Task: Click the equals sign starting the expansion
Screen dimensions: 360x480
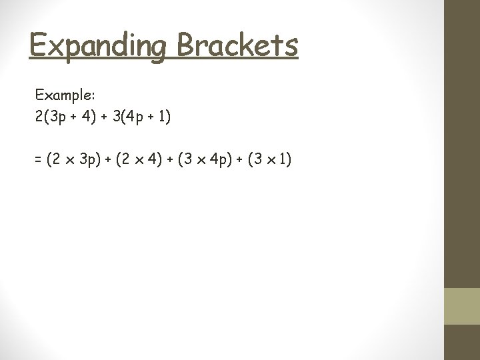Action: coord(38,160)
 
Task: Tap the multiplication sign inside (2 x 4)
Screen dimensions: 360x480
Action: coord(140,161)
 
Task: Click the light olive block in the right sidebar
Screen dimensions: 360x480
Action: coord(462,306)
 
